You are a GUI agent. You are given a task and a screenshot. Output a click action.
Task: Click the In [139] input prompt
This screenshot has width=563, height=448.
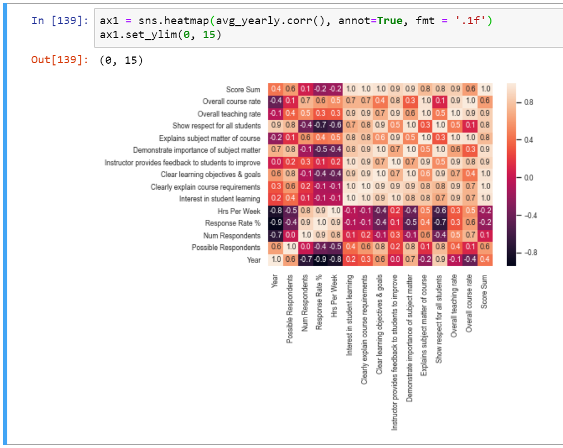[59, 21]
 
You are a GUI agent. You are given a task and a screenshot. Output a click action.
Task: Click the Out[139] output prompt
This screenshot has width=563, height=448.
[59, 60]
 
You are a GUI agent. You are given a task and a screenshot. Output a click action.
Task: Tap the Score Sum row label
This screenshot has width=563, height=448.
[243, 89]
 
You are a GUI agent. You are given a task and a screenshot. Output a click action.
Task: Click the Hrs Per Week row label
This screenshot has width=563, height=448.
[239, 211]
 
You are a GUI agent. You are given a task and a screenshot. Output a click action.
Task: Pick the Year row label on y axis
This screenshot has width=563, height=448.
[254, 260]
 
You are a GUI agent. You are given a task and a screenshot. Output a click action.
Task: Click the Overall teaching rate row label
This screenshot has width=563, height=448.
[229, 114]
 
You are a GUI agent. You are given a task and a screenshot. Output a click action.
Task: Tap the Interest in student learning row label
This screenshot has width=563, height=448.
[220, 199]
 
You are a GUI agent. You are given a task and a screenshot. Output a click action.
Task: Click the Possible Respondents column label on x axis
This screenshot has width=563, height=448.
[289, 308]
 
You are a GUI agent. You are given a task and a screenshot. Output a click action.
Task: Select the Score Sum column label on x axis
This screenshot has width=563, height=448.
[484, 290]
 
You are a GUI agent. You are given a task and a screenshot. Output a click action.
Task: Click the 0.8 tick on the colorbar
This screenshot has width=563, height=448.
[531, 103]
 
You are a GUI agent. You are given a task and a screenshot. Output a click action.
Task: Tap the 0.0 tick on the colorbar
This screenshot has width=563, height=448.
[531, 178]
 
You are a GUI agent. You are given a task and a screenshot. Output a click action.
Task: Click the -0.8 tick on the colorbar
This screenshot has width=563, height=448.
[529, 253]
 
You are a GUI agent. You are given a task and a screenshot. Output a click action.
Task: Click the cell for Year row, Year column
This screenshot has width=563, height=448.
[275, 260]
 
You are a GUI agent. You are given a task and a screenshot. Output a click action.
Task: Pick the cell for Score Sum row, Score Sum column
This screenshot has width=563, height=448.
[485, 89]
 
